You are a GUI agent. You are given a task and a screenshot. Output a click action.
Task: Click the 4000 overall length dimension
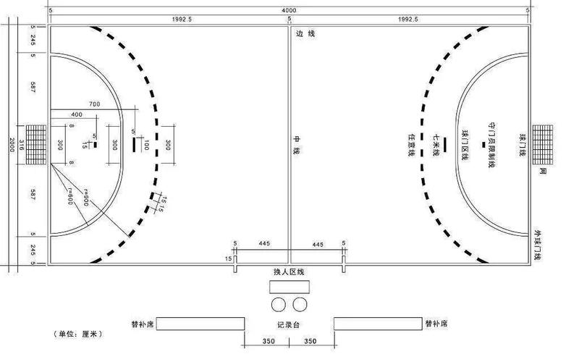point(289,9)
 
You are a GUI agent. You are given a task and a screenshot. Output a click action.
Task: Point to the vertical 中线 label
point(295,144)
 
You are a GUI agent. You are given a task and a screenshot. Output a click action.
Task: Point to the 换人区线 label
point(289,271)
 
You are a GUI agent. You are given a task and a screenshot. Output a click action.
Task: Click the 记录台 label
point(288,324)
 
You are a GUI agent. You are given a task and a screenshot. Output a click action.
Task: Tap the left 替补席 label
point(142,324)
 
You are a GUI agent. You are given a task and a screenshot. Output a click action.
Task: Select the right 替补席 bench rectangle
point(377,324)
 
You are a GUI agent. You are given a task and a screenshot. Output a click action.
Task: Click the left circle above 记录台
point(279,303)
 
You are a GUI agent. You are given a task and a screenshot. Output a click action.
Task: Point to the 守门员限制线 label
point(491,144)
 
